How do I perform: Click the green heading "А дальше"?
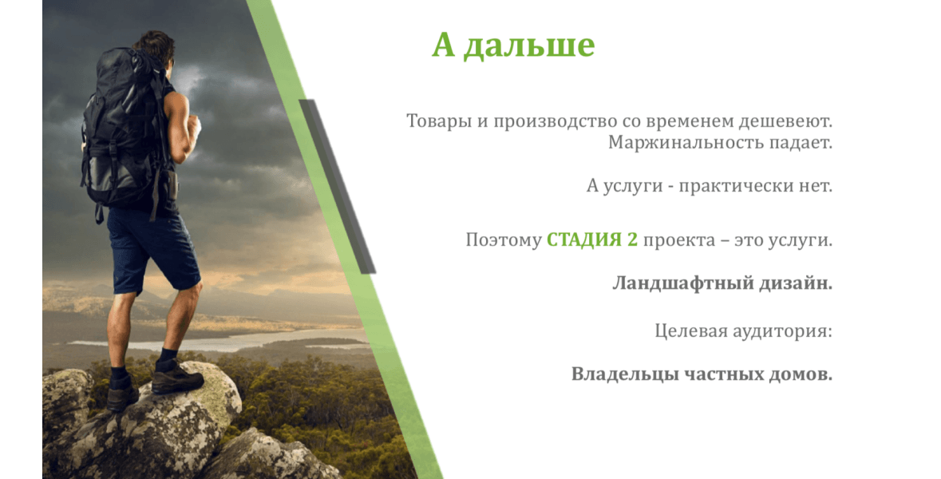(x=513, y=45)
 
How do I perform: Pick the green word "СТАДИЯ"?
(x=584, y=240)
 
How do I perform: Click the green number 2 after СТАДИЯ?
(x=632, y=240)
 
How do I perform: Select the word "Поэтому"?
(x=504, y=240)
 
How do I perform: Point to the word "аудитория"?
(x=786, y=331)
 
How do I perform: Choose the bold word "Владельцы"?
(x=625, y=375)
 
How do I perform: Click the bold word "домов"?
(x=801, y=375)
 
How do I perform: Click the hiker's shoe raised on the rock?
(x=177, y=378)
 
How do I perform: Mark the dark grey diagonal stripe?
(x=338, y=187)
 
